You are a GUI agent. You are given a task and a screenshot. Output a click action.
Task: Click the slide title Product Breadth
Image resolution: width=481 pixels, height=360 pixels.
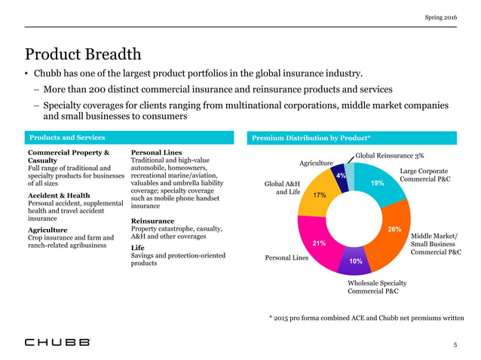coord(82,54)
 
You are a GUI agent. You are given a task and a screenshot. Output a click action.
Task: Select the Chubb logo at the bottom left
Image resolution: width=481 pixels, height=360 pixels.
coord(57,341)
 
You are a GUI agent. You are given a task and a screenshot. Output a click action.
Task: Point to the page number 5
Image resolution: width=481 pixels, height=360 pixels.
coord(455,343)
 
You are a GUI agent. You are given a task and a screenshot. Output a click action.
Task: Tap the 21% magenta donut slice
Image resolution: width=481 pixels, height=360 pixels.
coord(317,241)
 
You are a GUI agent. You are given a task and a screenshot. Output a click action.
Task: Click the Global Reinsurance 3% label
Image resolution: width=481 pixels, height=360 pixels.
coord(390,155)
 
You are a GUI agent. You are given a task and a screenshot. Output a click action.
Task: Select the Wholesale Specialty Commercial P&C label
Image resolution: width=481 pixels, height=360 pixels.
coord(377,285)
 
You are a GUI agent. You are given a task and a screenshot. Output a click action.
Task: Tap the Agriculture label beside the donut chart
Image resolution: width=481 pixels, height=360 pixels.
coord(316,163)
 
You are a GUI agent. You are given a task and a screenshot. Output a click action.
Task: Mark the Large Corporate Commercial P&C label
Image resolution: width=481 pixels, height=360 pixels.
coord(424,175)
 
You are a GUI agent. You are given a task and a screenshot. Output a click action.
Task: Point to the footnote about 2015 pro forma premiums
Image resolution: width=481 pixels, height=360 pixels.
coord(366,319)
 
